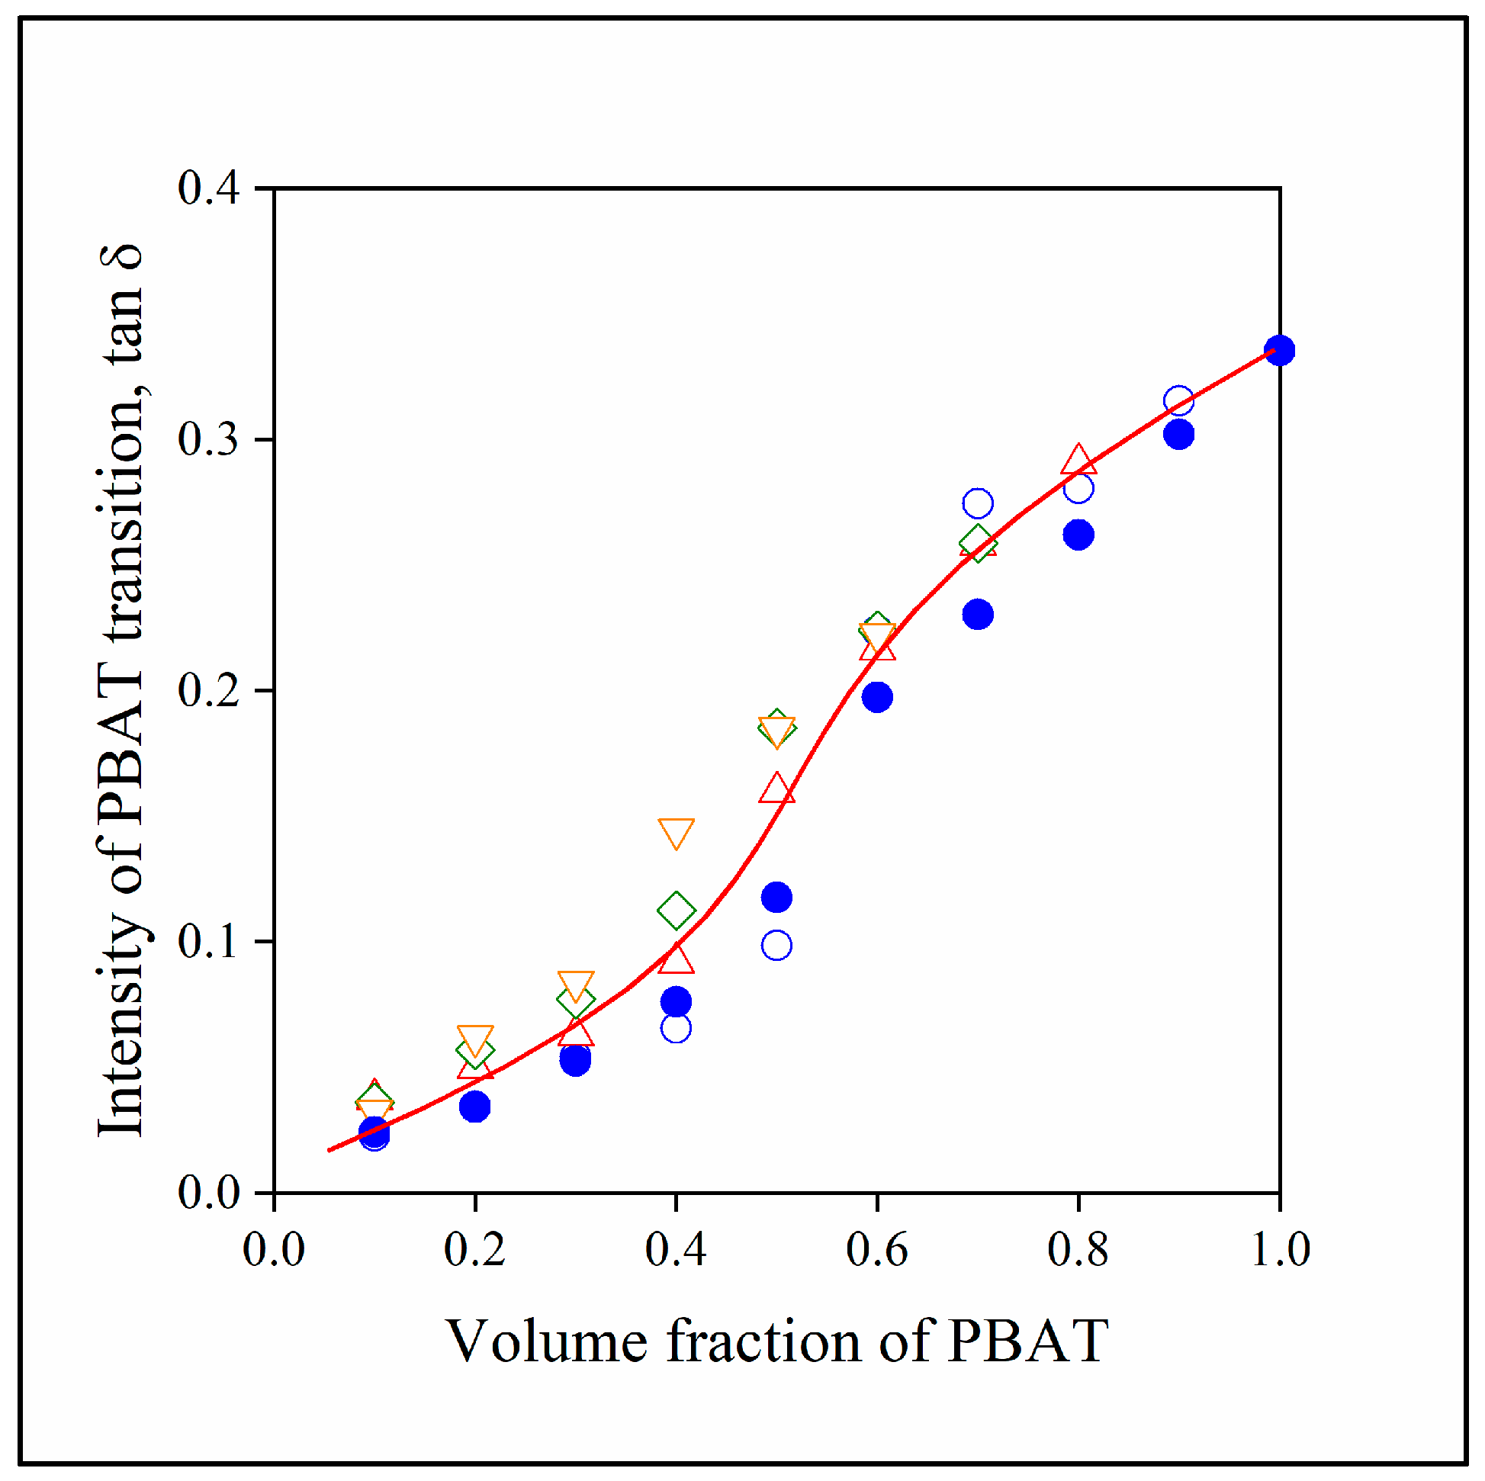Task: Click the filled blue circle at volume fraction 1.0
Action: click(x=1279, y=351)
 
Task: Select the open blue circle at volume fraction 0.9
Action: click(x=1178, y=400)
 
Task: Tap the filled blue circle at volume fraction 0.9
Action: click(x=1178, y=434)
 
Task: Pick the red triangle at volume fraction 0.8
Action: click(x=1078, y=461)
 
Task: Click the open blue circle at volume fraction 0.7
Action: click(x=978, y=503)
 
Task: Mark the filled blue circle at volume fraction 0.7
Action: click(x=978, y=614)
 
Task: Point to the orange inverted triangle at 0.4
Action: click(x=676, y=831)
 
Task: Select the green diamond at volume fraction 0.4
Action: click(x=676, y=911)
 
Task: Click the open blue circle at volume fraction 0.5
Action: click(x=776, y=946)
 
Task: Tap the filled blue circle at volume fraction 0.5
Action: click(x=776, y=897)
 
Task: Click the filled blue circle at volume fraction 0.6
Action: click(x=877, y=697)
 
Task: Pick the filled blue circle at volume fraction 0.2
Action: click(x=475, y=1107)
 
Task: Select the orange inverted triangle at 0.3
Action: click(x=576, y=985)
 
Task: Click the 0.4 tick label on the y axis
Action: click(x=208, y=188)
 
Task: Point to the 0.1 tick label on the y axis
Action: click(x=208, y=942)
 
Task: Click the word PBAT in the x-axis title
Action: click(x=1027, y=1341)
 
